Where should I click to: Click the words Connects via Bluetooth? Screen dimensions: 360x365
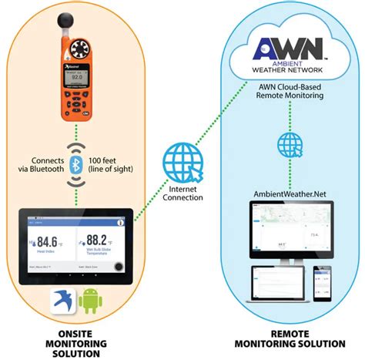[x=42, y=165]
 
